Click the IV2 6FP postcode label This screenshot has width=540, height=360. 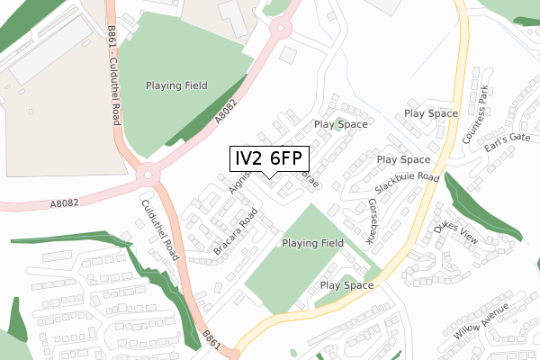click(x=270, y=158)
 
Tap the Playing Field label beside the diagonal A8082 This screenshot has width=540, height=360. click(x=176, y=85)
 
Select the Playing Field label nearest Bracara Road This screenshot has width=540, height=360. click(x=312, y=243)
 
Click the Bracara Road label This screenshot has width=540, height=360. click(x=236, y=229)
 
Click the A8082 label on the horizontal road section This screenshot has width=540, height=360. click(x=66, y=203)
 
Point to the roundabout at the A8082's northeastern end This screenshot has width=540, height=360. click(x=280, y=30)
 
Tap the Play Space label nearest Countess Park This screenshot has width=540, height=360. click(x=431, y=113)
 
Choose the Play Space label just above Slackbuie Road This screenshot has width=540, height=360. click(x=403, y=159)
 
